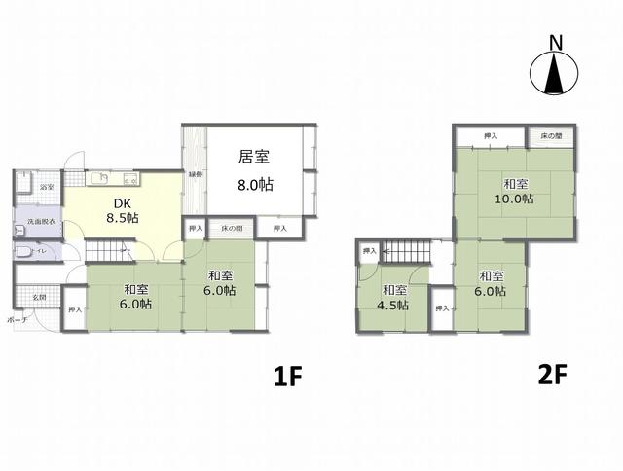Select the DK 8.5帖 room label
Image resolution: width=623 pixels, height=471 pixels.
[x=120, y=210]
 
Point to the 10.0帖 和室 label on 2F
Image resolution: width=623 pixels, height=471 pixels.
[x=516, y=191]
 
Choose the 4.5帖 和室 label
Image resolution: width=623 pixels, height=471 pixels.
[x=394, y=297]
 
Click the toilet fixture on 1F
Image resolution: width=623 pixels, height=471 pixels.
[x=23, y=251]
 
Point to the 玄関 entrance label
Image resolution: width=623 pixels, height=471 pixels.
[x=39, y=297]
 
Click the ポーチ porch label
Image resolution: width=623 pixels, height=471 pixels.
[x=17, y=319]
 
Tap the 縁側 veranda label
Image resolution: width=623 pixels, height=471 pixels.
[x=195, y=175]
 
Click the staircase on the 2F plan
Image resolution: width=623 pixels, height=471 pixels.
[x=401, y=252]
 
